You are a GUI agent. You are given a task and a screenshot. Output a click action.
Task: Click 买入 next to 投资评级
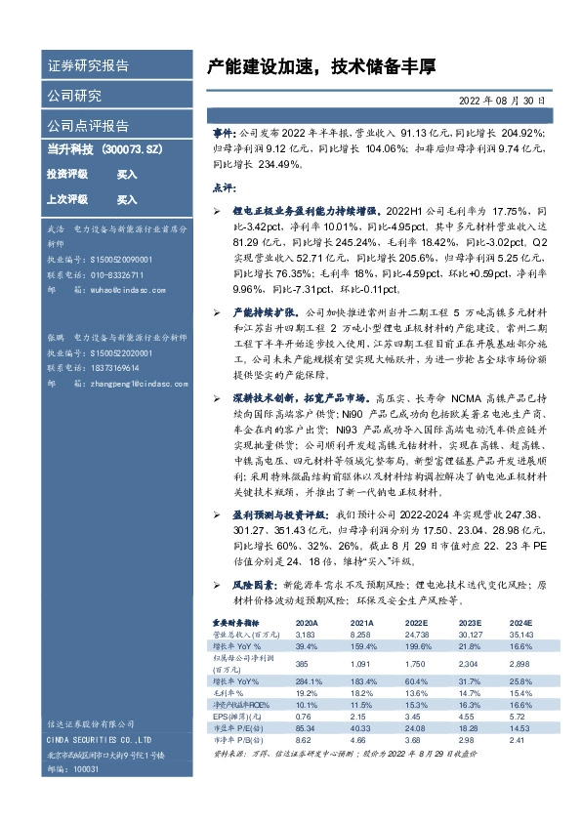click(127, 174)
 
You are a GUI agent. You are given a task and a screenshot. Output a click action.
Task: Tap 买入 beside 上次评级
click(127, 199)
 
